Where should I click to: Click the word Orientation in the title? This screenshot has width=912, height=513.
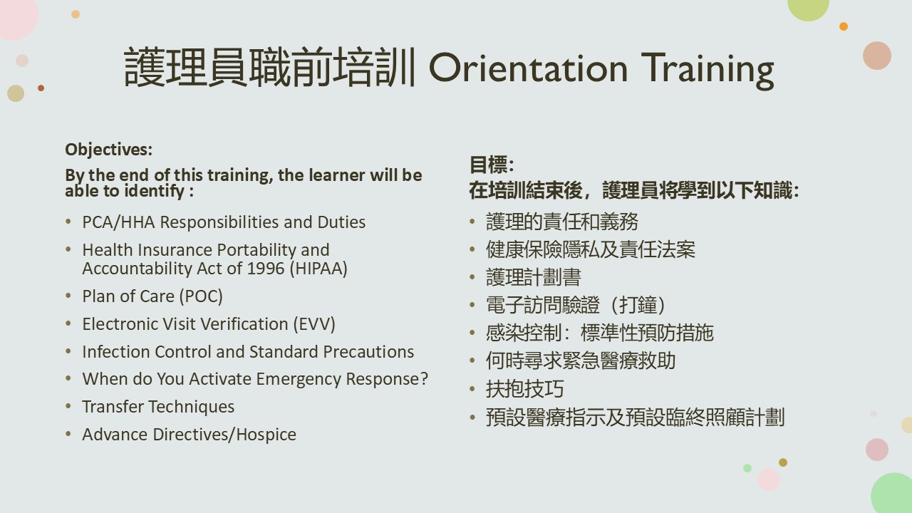tap(528, 68)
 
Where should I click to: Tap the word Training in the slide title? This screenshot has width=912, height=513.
tap(708, 70)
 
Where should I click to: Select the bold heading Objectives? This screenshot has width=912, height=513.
tap(109, 150)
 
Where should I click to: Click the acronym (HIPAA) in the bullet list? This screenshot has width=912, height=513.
tap(318, 269)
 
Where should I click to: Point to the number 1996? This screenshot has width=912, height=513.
tap(266, 269)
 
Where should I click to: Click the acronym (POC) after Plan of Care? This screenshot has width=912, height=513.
tap(201, 296)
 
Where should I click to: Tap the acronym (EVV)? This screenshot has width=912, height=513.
tap(314, 324)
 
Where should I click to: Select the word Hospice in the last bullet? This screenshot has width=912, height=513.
tap(266, 435)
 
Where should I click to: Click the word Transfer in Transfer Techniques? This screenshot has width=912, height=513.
tap(113, 407)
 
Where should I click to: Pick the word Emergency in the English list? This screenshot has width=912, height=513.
tap(299, 379)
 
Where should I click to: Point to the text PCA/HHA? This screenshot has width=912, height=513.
tap(118, 222)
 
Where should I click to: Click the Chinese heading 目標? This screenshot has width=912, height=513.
tap(492, 165)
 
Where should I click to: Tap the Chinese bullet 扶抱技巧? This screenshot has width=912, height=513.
tap(525, 389)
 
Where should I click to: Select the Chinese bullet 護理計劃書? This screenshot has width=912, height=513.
tap(534, 277)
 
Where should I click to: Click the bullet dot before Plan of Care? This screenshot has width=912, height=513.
tap(68, 296)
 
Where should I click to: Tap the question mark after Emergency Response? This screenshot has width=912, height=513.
tap(424, 378)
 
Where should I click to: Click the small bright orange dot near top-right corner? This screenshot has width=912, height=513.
tap(844, 26)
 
